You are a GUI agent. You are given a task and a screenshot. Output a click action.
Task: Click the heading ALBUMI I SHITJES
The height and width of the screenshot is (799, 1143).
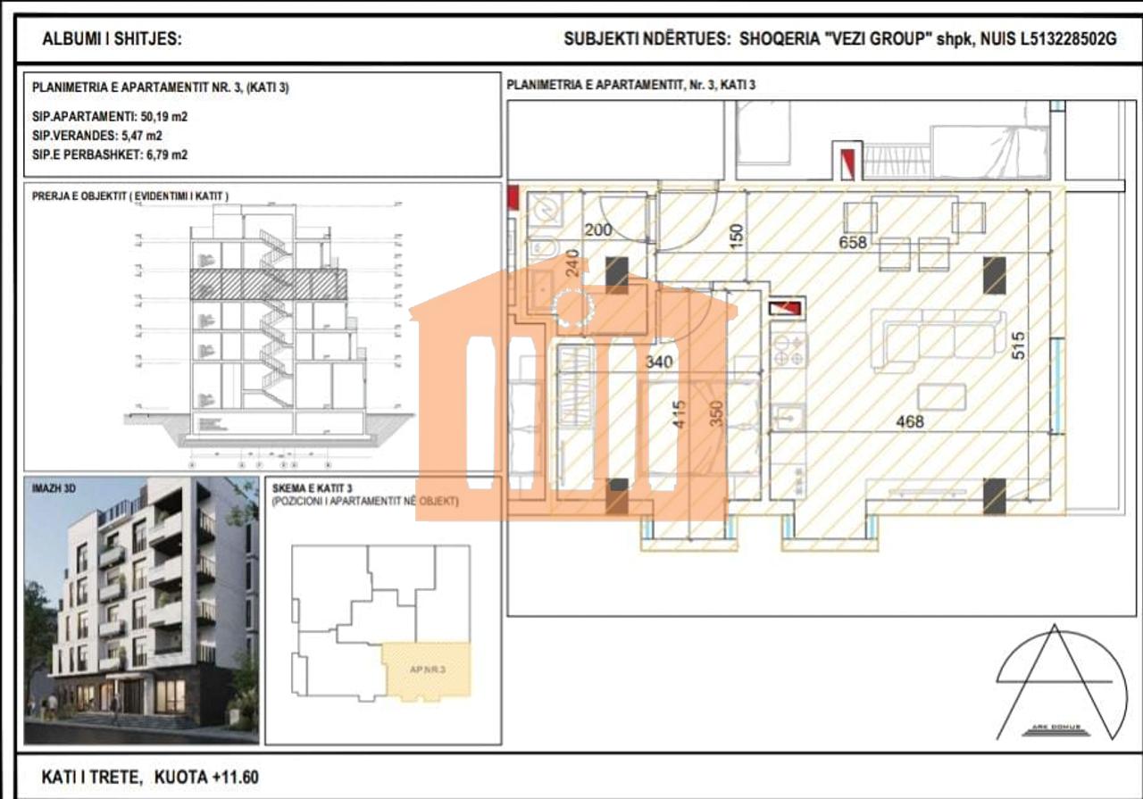[112, 39]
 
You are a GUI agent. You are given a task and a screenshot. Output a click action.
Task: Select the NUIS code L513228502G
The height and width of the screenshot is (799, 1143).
[1068, 39]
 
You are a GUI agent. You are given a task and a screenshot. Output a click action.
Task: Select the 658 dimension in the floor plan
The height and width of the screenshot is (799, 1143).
[852, 242]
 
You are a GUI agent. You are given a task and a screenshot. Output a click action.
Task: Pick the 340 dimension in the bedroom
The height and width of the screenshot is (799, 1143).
[660, 362]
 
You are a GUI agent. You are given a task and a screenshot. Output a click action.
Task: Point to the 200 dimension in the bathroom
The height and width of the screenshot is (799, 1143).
[598, 230]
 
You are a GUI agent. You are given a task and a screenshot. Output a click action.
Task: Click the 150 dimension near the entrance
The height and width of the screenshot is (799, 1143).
[736, 236]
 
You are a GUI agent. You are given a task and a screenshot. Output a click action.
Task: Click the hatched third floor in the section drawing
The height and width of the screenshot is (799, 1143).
[268, 284]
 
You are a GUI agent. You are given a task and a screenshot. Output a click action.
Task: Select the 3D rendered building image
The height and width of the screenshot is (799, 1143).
[141, 610]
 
